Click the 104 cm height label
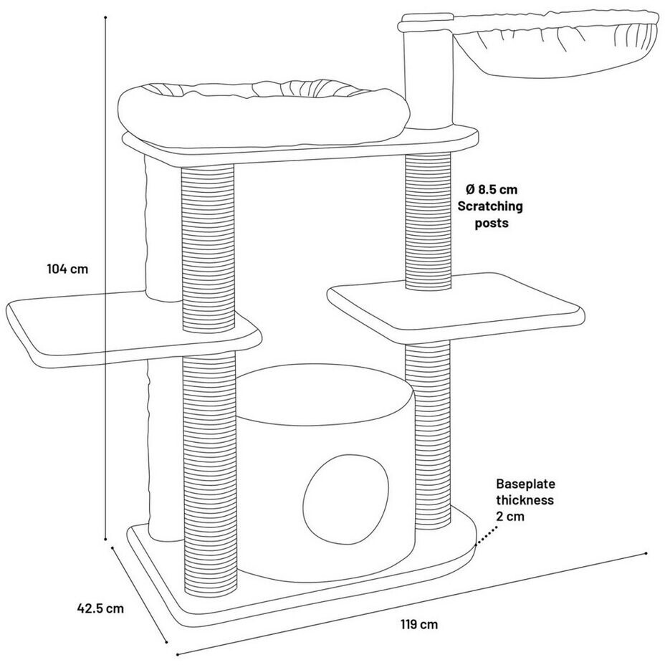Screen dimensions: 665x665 (67, 269)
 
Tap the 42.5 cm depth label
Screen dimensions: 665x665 (100, 608)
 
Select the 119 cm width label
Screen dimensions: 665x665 (418, 624)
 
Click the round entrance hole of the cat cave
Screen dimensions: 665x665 (348, 494)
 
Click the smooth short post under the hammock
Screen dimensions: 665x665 (429, 79)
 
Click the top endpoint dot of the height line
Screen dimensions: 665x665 (105, 16)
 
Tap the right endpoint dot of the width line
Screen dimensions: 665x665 (646, 553)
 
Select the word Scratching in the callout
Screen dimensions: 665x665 (491, 206)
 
